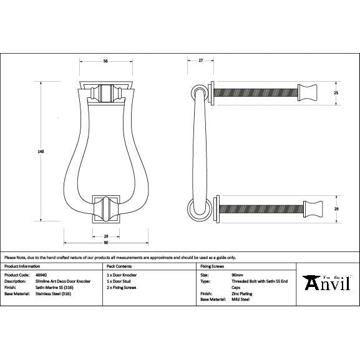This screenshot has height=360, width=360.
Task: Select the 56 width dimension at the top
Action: [x=105, y=61]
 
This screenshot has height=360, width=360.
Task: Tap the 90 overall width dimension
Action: [x=105, y=243]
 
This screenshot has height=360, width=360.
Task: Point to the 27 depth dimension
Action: [x=200, y=61]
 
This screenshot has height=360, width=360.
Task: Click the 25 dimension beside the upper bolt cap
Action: [x=336, y=92]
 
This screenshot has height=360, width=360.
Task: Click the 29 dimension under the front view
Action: [x=105, y=236]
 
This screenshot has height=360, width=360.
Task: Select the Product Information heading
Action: [x=22, y=266]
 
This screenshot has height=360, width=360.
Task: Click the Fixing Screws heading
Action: [x=212, y=266]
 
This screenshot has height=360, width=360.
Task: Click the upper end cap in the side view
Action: [x=309, y=92]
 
